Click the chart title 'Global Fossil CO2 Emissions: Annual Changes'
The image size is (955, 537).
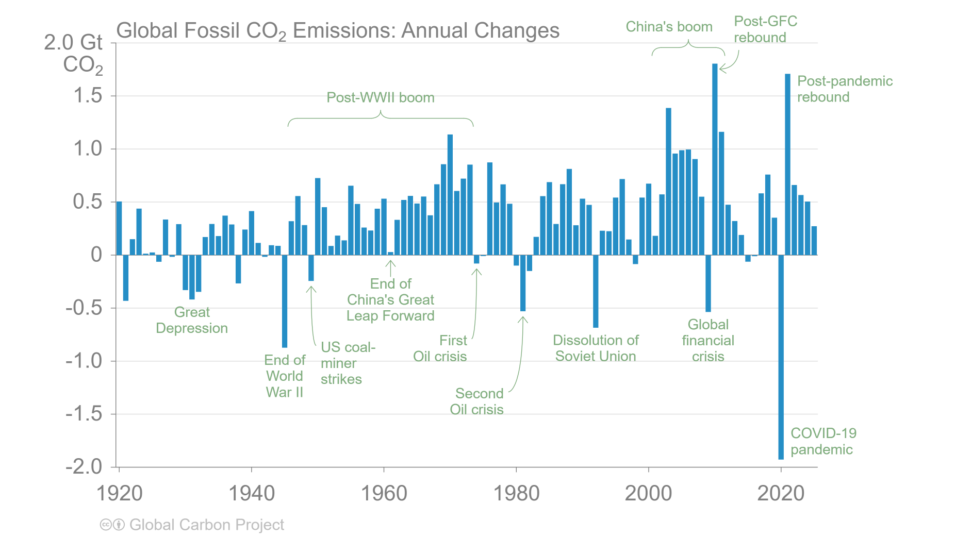tap(338, 30)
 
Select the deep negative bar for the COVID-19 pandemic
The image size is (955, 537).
tap(781, 357)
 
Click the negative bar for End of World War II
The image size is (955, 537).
tap(285, 301)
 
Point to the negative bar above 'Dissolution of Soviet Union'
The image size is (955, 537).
tap(596, 291)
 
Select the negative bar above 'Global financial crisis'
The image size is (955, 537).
tap(708, 283)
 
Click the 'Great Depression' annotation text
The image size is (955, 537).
tap(192, 320)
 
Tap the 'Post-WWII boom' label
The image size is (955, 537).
tap(381, 97)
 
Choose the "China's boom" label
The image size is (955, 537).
tap(669, 27)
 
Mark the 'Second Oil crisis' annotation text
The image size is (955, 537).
tap(477, 401)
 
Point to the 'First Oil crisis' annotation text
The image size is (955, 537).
tap(441, 348)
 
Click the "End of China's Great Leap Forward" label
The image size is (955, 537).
tap(390, 299)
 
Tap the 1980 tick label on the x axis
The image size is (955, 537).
tap(516, 493)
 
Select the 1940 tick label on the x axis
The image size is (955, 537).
tap(252, 493)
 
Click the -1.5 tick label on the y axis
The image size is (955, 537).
tap(84, 413)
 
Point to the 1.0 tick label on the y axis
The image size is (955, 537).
tap(88, 148)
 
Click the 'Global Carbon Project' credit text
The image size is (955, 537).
tap(206, 525)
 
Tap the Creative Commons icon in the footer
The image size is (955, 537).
tap(106, 525)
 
